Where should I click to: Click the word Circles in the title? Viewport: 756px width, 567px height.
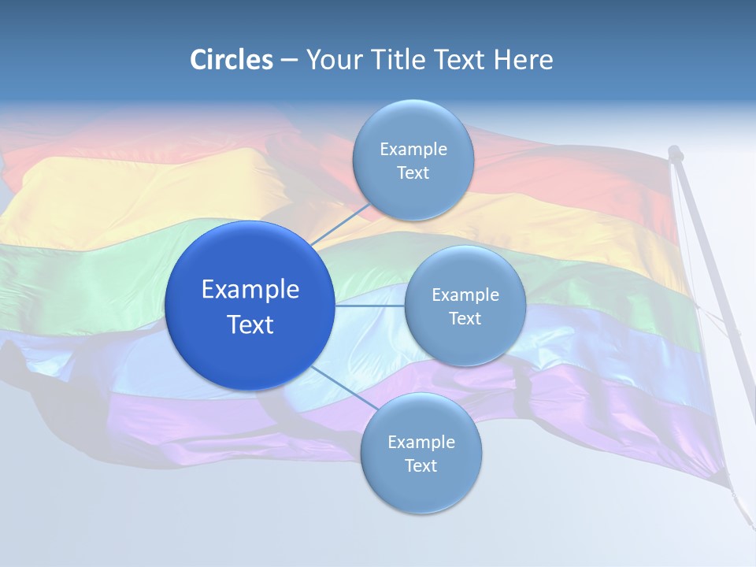click(232, 60)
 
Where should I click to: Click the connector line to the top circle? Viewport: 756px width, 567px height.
click(340, 224)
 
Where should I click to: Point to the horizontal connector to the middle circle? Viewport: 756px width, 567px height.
click(369, 306)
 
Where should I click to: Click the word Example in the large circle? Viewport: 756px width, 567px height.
click(250, 290)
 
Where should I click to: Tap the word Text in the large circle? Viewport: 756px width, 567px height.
click(250, 324)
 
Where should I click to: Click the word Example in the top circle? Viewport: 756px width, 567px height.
click(413, 150)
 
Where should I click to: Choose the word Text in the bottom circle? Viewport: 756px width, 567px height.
click(421, 466)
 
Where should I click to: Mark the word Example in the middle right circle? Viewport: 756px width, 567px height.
click(465, 295)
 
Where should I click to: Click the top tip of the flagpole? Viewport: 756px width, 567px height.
click(675, 150)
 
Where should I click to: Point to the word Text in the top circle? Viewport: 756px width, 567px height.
click(413, 173)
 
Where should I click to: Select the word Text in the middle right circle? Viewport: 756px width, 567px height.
click(465, 319)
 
